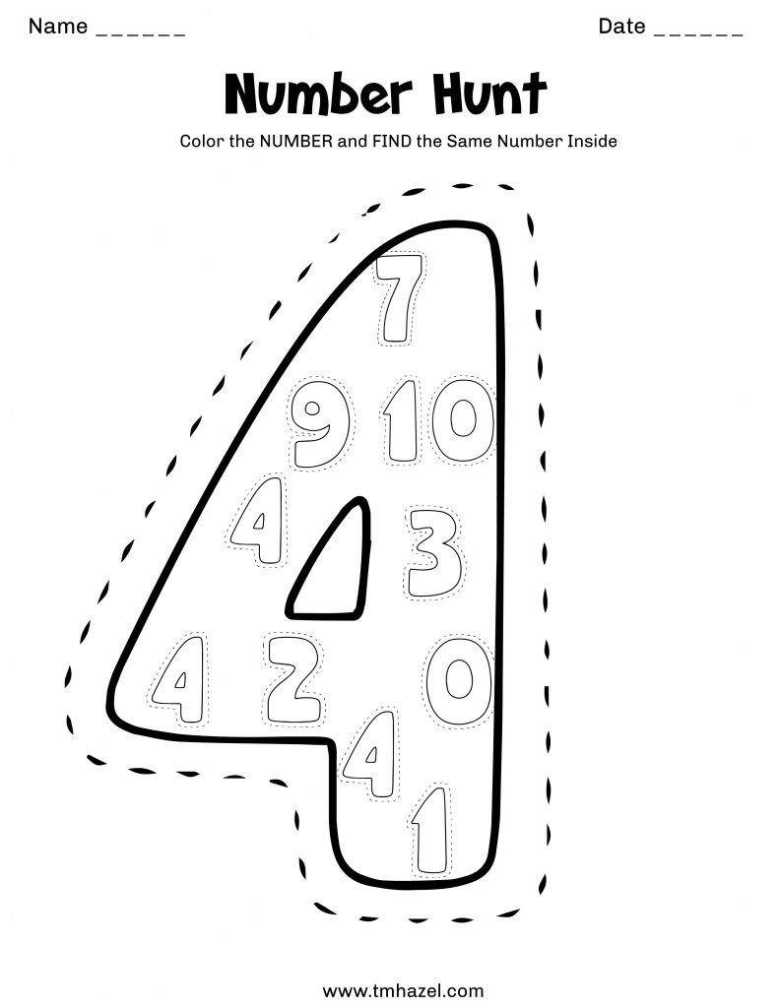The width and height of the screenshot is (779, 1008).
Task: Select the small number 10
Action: (437, 422)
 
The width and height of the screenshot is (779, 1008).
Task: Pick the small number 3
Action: (433, 552)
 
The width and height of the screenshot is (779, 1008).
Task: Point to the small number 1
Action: (429, 829)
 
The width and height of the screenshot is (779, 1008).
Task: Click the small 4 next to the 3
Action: (258, 522)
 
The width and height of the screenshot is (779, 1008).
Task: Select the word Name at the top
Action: (58, 27)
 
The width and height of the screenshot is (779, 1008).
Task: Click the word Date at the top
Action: (621, 27)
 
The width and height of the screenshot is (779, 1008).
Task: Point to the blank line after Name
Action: (141, 33)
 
